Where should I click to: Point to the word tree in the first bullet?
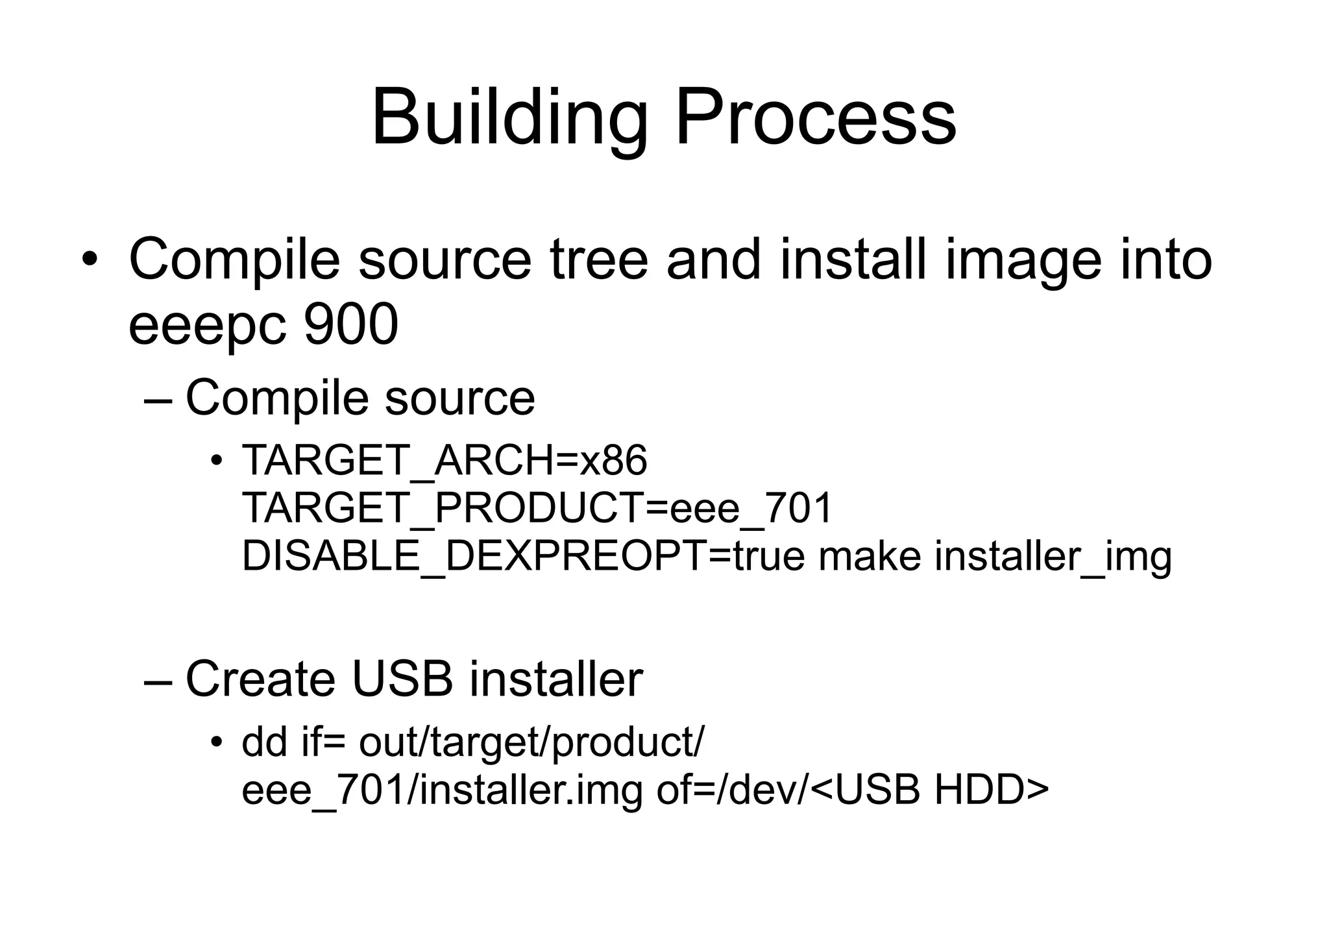pos(598,260)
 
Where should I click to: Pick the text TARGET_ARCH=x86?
pos(445,461)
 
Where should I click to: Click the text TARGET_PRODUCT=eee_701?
pos(537,508)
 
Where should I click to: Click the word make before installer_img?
pos(869,556)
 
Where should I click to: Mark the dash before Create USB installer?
pos(158,682)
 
